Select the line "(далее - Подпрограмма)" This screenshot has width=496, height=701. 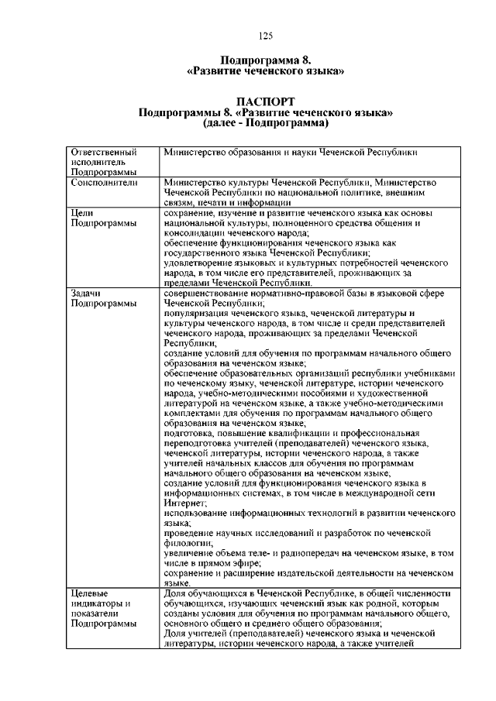tap(265, 123)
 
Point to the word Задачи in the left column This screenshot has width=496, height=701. tap(85, 294)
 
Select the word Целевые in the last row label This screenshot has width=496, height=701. tap(89, 593)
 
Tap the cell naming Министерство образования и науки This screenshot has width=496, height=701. tap(295, 153)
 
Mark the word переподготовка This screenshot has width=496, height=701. tap(200, 443)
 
